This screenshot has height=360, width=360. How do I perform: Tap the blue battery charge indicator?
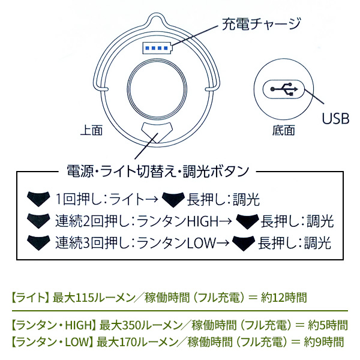[x=155, y=47]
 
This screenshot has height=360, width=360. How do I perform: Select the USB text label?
[x=335, y=118]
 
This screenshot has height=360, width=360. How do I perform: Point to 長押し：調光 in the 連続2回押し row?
[x=298, y=221]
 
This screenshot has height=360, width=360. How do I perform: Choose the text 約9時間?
[x=324, y=342]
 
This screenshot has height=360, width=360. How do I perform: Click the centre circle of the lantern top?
[x=155, y=87]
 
